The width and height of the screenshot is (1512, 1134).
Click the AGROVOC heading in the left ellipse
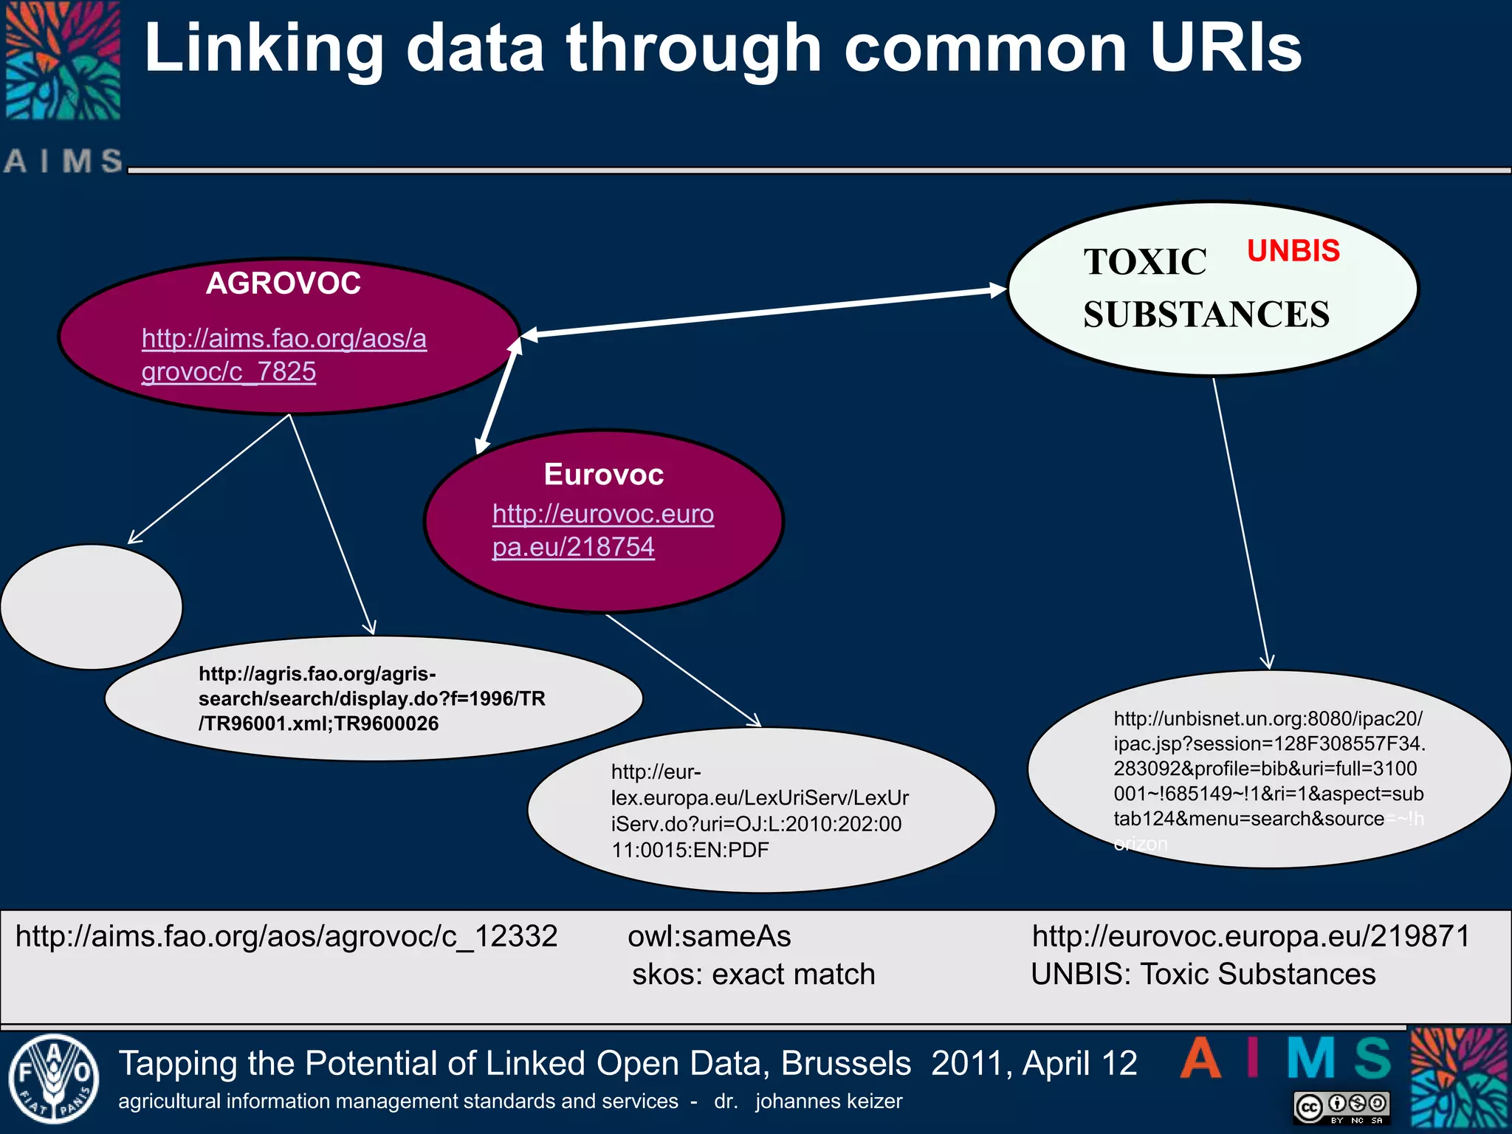pos(283,283)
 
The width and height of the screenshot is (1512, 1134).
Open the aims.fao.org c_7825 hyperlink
pos(283,354)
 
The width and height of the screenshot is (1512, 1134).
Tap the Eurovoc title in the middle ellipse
pos(603,475)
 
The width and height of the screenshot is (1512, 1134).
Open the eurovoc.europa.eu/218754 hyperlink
pos(602,530)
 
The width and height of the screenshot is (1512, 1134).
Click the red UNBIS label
pos(1293,251)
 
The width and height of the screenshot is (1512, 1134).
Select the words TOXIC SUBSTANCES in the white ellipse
pos(1206,288)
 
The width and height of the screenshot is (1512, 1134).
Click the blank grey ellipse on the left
pos(91,607)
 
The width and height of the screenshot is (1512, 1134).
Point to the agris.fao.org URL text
pos(371,698)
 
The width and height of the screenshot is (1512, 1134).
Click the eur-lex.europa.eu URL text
pos(760,811)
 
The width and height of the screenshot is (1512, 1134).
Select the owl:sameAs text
pos(709,936)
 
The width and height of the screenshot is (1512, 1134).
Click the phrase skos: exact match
pos(753,975)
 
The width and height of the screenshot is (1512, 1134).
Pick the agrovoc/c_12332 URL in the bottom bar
pos(286,936)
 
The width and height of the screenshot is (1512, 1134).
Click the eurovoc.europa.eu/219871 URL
pos(1251,936)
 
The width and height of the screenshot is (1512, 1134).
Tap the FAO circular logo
pos(52,1079)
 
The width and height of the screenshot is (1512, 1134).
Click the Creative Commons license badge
pos(1341,1107)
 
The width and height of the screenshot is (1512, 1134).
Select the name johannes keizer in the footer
pos(828,1102)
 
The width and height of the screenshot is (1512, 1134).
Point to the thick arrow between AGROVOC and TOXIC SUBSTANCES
pos(764,313)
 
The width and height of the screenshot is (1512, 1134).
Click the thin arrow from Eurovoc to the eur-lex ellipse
pos(683,670)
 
